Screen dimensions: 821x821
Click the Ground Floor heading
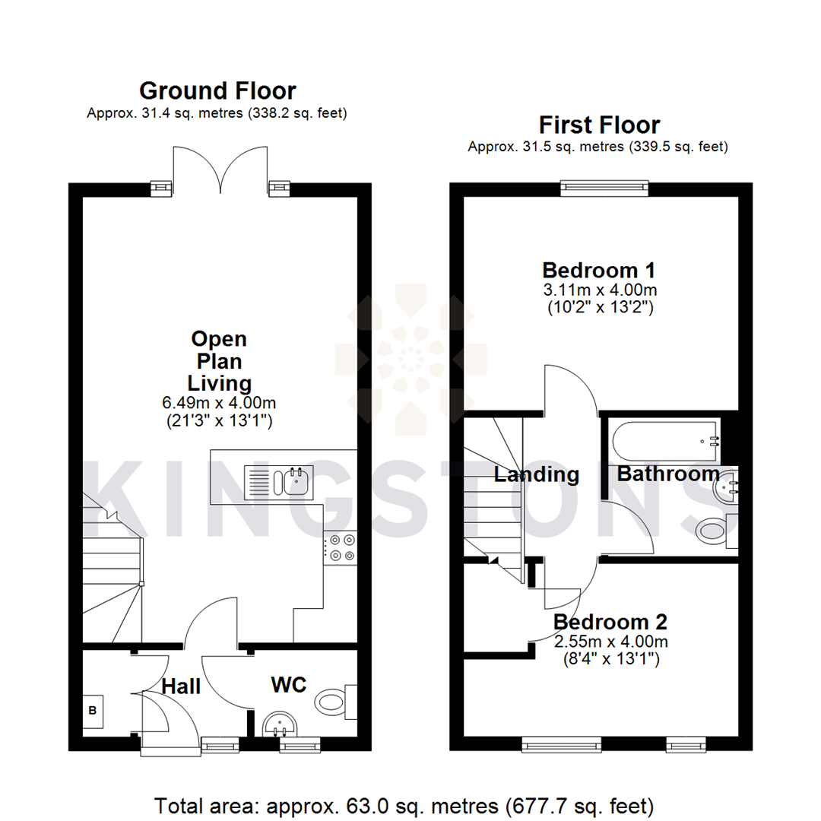tap(217, 91)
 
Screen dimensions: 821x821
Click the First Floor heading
tap(599, 124)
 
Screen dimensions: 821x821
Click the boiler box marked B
tap(93, 712)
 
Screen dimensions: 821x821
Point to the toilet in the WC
tap(333, 700)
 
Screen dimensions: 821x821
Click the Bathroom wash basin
tap(726, 490)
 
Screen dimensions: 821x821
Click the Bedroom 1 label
tap(598, 270)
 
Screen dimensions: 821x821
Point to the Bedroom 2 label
tap(610, 622)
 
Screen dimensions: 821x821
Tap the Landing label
tap(536, 475)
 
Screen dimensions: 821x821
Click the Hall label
tap(181, 686)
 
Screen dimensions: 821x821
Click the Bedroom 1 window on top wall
tap(604, 188)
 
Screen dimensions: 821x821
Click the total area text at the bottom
tap(404, 804)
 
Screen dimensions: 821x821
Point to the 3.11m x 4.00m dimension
tap(599, 290)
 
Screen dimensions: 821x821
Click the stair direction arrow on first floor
tap(493, 560)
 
